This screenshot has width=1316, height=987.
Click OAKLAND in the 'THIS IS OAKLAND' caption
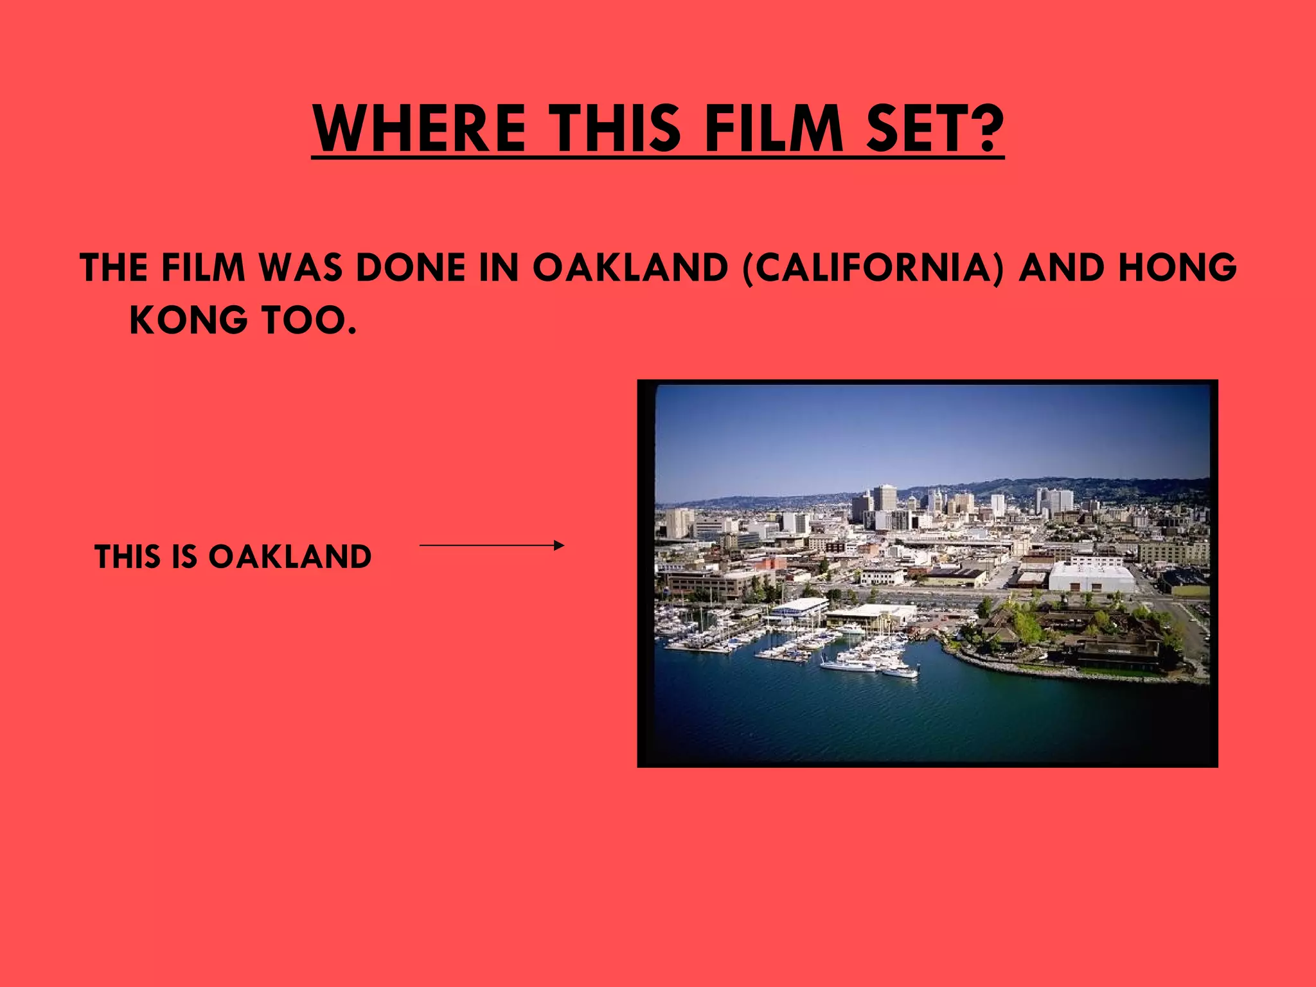pos(290,556)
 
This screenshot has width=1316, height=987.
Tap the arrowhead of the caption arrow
pos(560,546)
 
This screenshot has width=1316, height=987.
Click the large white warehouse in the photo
pos(1091,576)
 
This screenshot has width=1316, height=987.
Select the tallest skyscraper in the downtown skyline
pos(885,499)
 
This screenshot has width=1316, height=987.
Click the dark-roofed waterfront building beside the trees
pos(1118,652)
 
